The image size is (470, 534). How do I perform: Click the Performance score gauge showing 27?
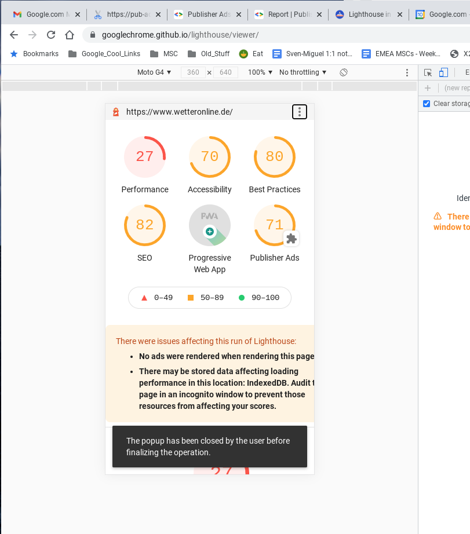pyautogui.click(x=145, y=157)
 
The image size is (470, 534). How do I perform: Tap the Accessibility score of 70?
pyautogui.click(x=210, y=157)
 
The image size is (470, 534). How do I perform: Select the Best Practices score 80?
pyautogui.click(x=275, y=157)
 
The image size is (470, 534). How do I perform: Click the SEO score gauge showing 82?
pyautogui.click(x=145, y=225)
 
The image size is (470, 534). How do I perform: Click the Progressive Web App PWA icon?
pyautogui.click(x=210, y=225)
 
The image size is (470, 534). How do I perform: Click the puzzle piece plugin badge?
pyautogui.click(x=292, y=239)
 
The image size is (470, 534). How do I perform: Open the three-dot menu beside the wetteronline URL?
pyautogui.click(x=299, y=112)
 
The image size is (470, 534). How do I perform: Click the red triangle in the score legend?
pyautogui.click(x=144, y=298)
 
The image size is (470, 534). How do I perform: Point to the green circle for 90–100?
pyautogui.click(x=242, y=298)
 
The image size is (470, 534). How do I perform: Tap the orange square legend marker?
pyautogui.click(x=191, y=298)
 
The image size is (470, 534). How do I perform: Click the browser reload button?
pyautogui.click(x=51, y=35)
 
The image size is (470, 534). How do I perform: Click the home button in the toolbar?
pyautogui.click(x=70, y=35)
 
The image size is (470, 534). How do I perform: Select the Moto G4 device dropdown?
pyautogui.click(x=154, y=72)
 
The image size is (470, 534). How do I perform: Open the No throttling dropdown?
pyautogui.click(x=303, y=72)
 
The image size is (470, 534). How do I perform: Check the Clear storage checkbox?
pyautogui.click(x=427, y=104)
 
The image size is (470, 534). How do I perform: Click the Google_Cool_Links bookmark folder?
pyautogui.click(x=104, y=54)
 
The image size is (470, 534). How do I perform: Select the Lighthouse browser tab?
pyautogui.click(x=365, y=14)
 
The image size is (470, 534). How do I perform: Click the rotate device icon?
pyautogui.click(x=344, y=72)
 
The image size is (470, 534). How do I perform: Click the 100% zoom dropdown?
pyautogui.click(x=260, y=72)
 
